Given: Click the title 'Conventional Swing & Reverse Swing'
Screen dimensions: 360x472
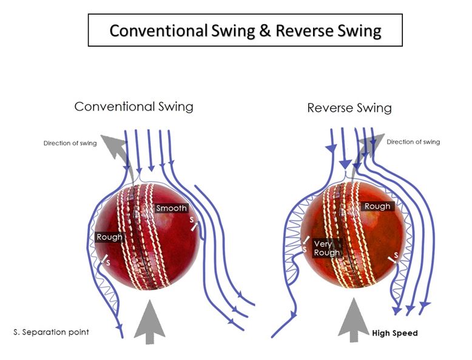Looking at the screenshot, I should click(x=245, y=30).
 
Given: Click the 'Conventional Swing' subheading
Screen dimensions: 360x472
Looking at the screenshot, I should click(x=133, y=107).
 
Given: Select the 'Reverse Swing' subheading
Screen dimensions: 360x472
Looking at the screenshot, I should click(x=349, y=109).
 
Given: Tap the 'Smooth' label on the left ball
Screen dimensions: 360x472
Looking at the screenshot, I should click(x=172, y=208).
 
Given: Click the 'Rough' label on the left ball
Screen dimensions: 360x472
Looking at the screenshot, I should click(x=109, y=237).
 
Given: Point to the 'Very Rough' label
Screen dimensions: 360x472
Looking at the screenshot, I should click(x=326, y=248).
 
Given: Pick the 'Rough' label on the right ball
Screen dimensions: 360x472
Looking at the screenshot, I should click(x=377, y=206).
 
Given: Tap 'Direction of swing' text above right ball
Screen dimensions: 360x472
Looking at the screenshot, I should click(x=413, y=142).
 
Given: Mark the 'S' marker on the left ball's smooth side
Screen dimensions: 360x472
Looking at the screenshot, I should click(x=192, y=220).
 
